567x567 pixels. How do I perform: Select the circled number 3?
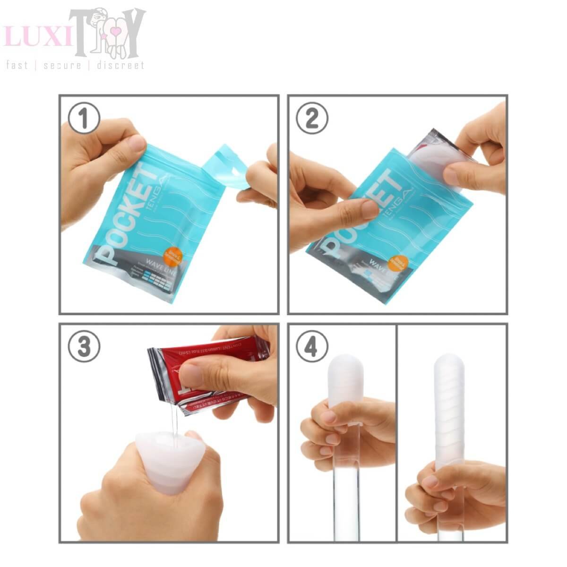pos(84,347)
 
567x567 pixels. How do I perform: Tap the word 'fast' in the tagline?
pos(17,65)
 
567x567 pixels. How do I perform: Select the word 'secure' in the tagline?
pos(62,65)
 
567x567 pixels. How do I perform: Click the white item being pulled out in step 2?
pos(435,161)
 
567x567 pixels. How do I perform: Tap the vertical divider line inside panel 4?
pos(397,425)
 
